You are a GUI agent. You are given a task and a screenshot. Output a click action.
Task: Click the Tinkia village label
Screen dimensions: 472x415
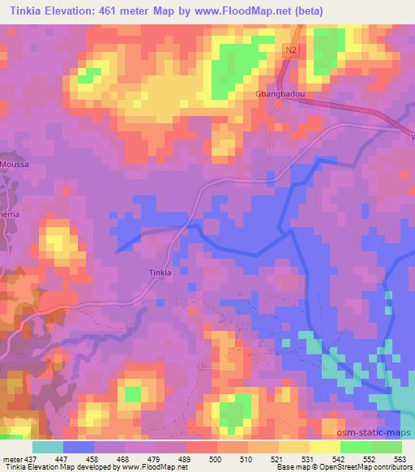click(160, 272)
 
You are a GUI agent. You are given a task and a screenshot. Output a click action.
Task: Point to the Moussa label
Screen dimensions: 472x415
click(15, 164)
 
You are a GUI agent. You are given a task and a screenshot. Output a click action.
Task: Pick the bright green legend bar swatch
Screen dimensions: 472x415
click(356, 446)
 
